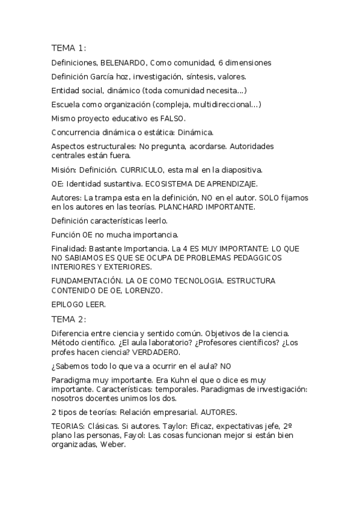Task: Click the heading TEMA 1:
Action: pos(69,48)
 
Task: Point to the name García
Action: pos(103,77)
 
